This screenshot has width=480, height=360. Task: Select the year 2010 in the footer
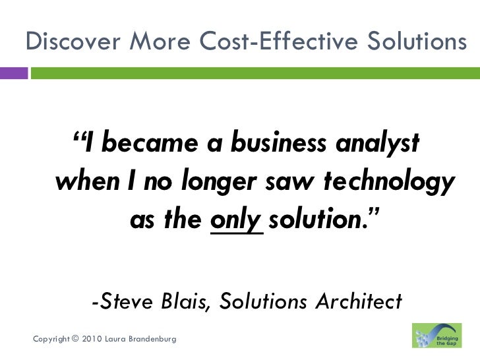click(x=94, y=339)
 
